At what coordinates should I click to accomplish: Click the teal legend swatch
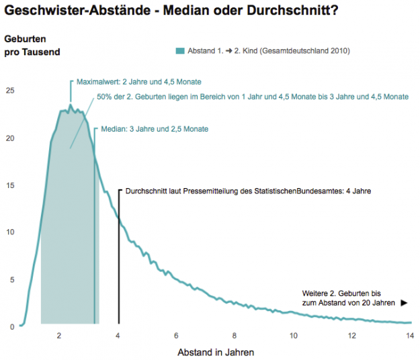coord(180,51)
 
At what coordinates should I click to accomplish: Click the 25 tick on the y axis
coord(9,91)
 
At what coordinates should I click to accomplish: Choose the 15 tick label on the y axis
coord(9,185)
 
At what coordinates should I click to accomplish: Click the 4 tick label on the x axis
coord(118,336)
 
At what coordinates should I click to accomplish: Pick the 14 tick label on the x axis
coord(410,336)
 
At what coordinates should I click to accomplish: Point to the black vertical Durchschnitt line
coord(119,269)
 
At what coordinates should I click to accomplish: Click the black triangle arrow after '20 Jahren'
coord(404,303)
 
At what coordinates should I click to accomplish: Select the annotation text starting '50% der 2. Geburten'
coord(253,97)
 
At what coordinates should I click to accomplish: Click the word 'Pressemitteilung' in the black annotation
coord(203,191)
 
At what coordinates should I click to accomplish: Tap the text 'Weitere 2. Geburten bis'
coord(342,294)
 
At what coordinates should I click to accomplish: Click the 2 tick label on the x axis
coord(60,336)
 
